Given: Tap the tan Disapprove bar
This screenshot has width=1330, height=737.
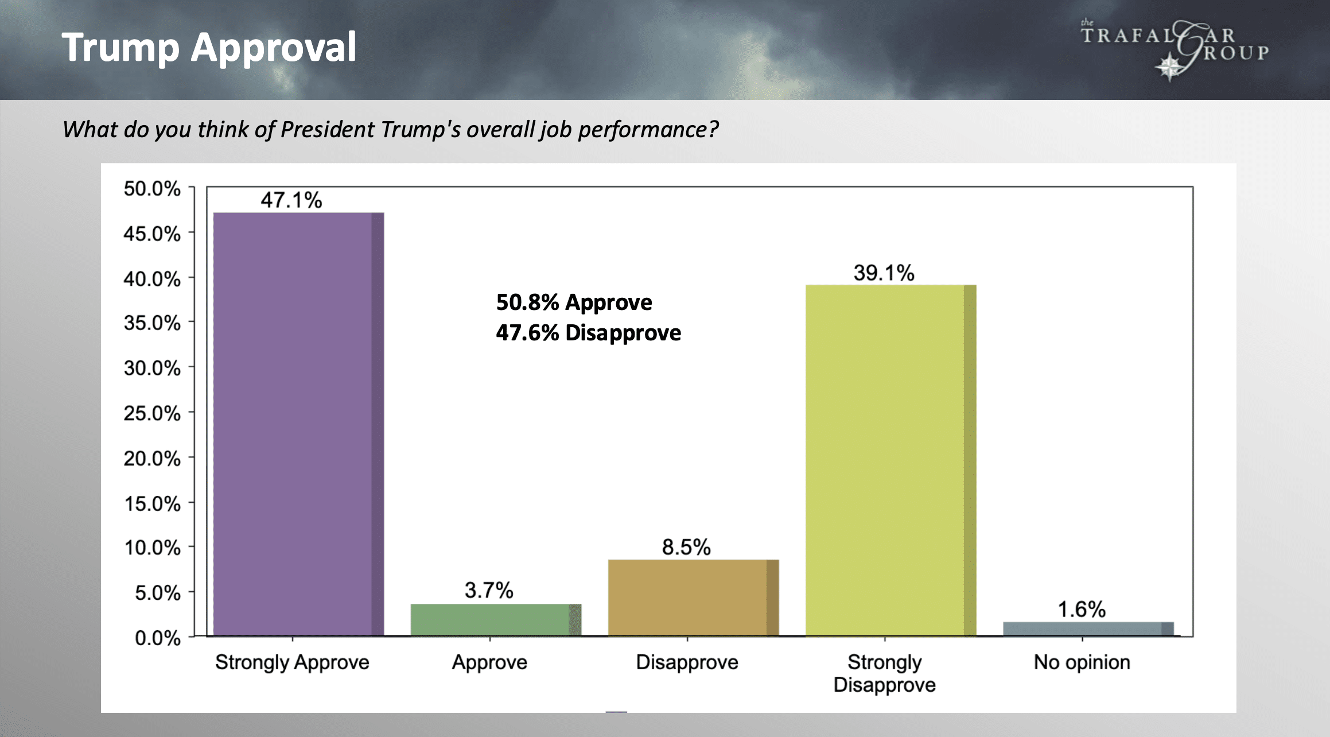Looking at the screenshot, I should [x=693, y=598].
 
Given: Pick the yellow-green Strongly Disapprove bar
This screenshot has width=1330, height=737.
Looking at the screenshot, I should [x=890, y=460].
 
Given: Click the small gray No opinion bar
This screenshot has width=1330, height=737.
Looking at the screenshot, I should [x=1088, y=629].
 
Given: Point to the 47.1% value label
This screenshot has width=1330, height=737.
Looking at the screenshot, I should [x=291, y=200].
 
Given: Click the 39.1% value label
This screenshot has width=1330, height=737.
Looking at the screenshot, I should [x=884, y=273].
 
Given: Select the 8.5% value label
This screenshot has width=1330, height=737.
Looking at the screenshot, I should [x=686, y=547].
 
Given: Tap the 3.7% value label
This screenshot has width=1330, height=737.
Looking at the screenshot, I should [x=489, y=590].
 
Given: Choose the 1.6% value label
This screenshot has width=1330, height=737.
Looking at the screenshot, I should [x=1082, y=609].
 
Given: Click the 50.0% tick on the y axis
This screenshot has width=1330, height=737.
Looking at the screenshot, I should [x=152, y=188].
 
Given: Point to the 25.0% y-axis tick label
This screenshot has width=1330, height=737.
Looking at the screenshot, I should [x=152, y=413].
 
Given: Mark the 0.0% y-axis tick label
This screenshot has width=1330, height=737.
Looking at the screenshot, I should [x=157, y=637].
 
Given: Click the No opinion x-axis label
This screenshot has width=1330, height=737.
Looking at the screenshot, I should [x=1082, y=662].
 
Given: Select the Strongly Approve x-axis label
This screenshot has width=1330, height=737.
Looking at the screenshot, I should [x=292, y=662].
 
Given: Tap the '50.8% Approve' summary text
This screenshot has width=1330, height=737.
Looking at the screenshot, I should [x=574, y=302].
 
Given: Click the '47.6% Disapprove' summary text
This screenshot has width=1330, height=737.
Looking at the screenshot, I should [x=588, y=333].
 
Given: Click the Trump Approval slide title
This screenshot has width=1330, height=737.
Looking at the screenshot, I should [x=209, y=47].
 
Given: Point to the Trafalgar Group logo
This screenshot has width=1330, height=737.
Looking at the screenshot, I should [x=1174, y=49].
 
